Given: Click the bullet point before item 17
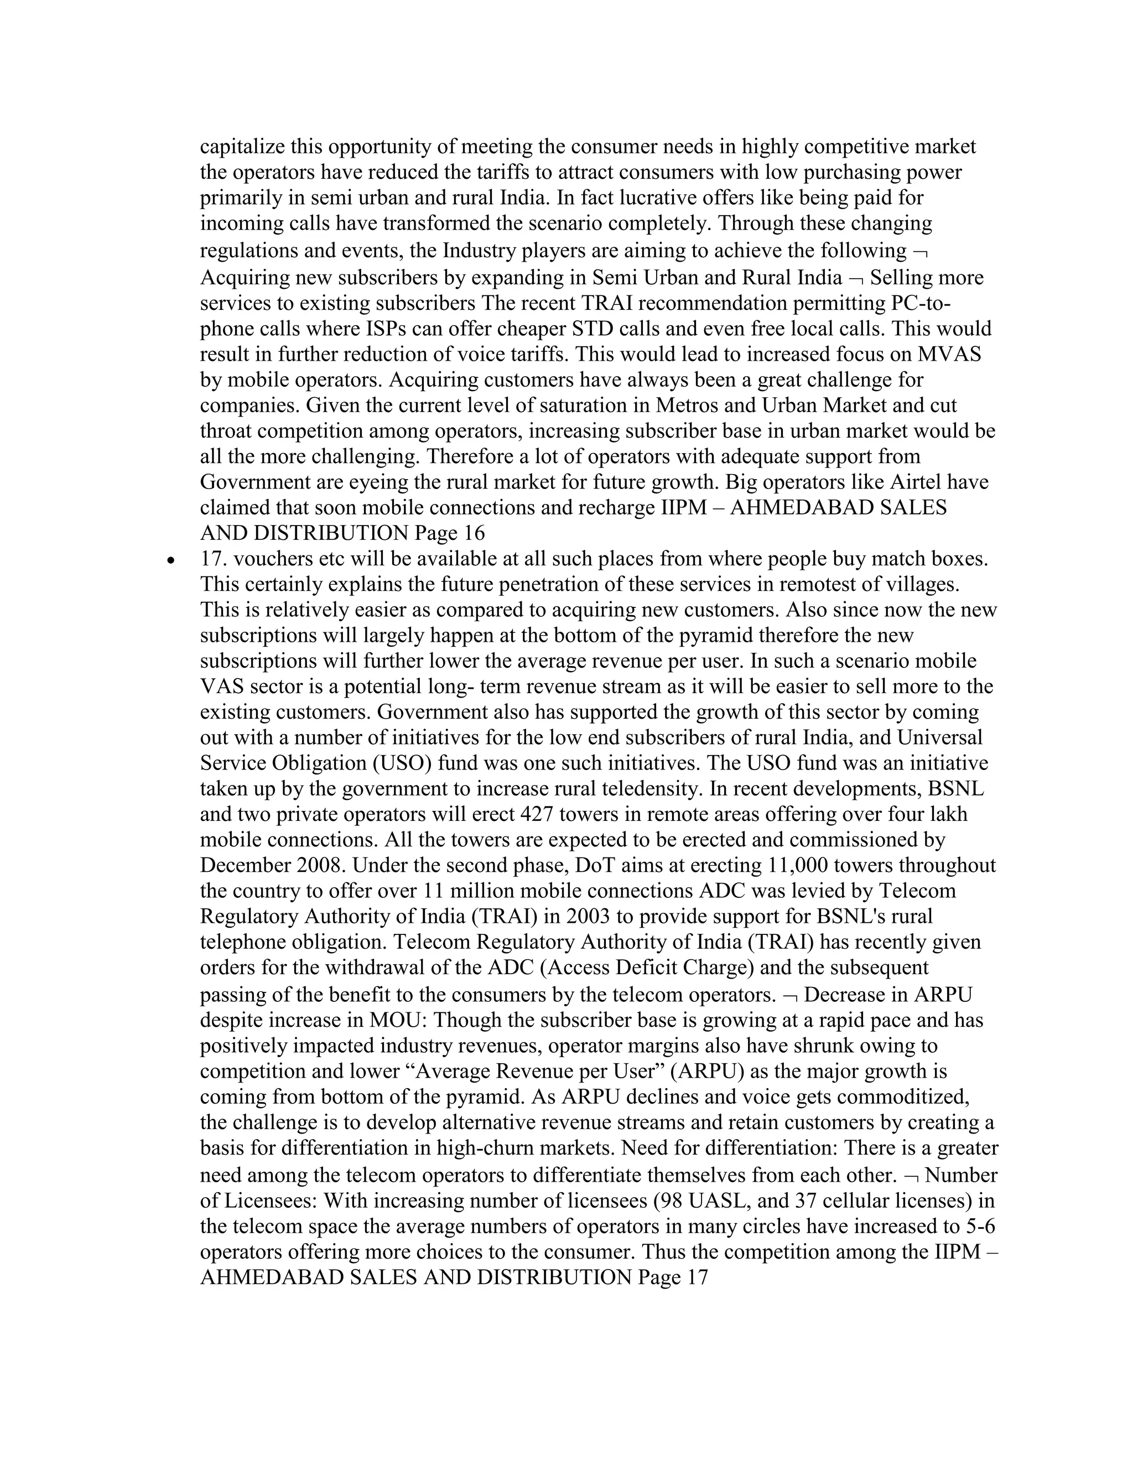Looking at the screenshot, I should point(173,559).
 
